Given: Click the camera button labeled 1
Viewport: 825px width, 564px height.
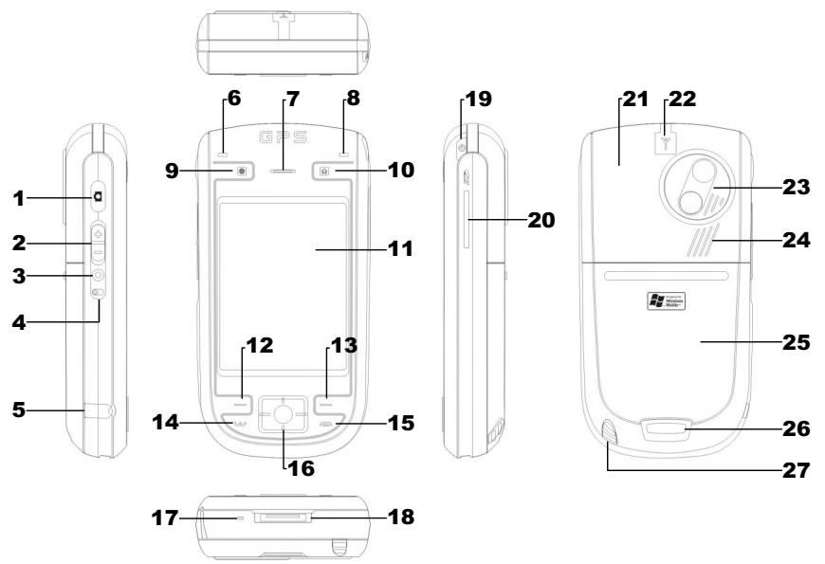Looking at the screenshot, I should click(100, 198).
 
